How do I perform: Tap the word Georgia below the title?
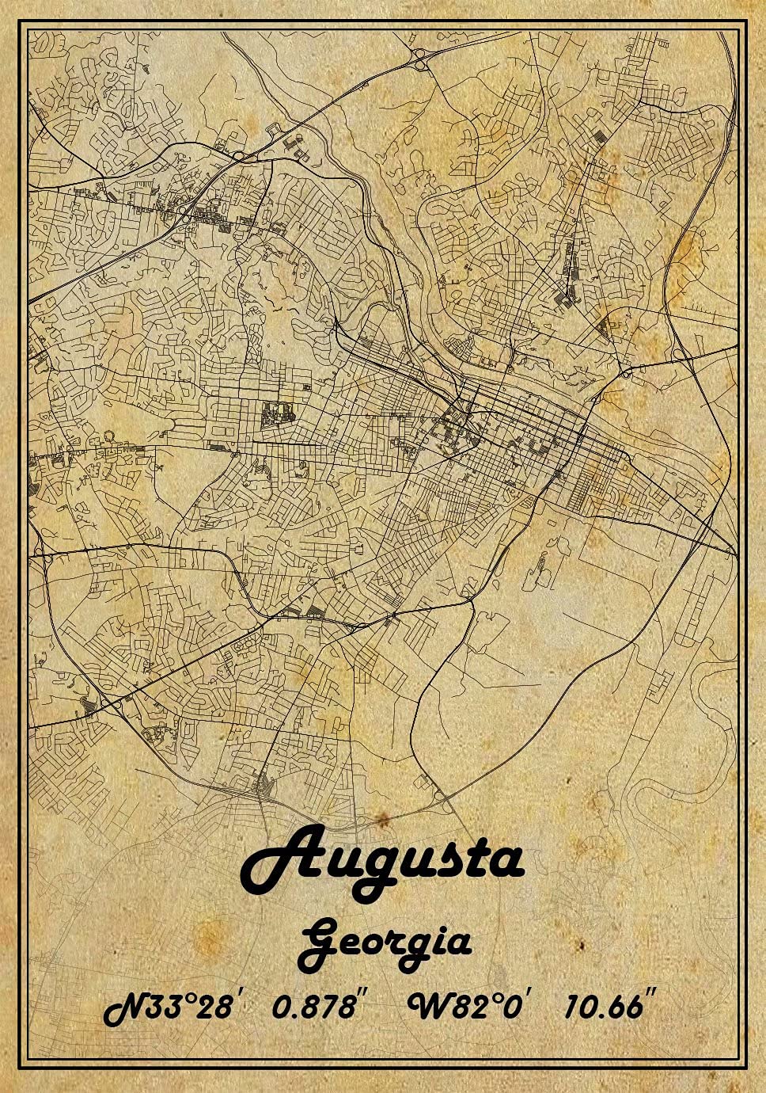point(386,943)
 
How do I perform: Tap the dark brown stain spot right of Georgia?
point(580,946)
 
